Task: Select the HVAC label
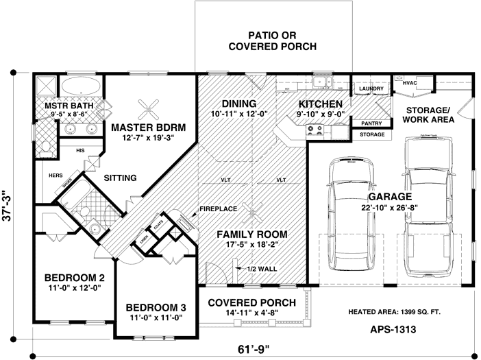click(410, 83)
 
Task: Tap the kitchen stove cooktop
click(317, 128)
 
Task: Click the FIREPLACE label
click(218, 208)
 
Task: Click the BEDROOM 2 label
click(75, 278)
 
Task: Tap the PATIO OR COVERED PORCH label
click(272, 40)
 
